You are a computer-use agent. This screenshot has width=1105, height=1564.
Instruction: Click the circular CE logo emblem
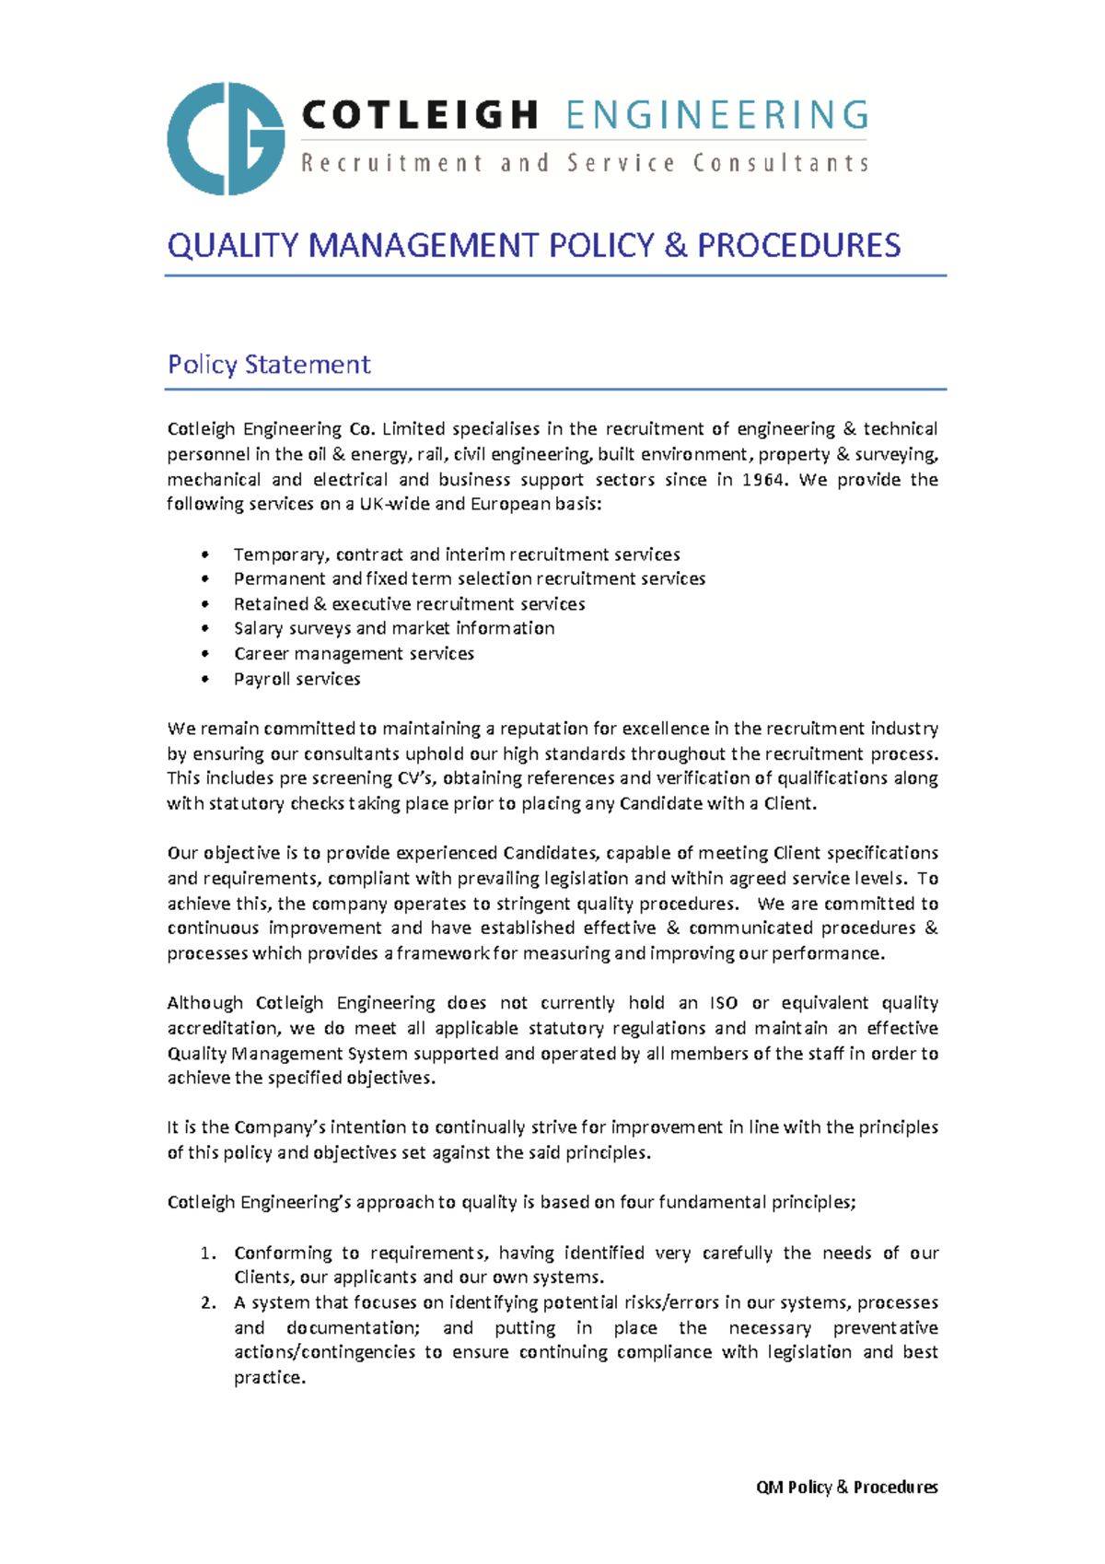226,139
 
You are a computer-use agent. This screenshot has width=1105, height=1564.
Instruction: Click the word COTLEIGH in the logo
420,116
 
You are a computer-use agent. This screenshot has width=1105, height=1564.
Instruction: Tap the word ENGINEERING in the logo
717,116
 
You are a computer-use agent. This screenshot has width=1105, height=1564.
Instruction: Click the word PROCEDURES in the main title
798,246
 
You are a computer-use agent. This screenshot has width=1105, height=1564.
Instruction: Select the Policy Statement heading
269,365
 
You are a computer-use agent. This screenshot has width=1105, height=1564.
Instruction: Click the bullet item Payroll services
297,679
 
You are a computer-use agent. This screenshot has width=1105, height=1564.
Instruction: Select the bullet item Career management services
354,654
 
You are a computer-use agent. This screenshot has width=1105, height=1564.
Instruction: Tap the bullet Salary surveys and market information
393,628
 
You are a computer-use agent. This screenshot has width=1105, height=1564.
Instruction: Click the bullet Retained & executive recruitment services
409,604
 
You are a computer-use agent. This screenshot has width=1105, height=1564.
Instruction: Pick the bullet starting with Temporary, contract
456,554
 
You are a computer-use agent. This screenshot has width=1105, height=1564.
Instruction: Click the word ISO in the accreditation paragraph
723,1003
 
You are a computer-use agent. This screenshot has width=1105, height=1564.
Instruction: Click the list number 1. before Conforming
208,1254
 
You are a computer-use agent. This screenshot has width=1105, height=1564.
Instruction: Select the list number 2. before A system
208,1303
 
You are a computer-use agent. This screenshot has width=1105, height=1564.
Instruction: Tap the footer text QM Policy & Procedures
846,1488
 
